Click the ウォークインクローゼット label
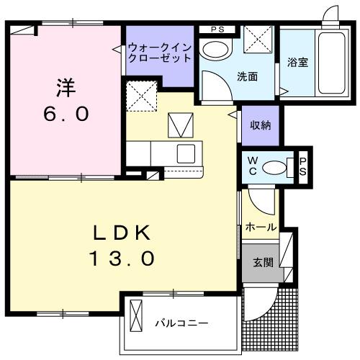click(160, 53)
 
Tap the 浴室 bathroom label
click(297, 61)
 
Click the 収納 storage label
click(260, 125)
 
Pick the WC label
click(253, 166)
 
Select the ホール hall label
click(261, 227)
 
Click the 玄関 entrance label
click(262, 263)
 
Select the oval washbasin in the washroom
click(213, 49)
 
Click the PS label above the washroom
click(217, 30)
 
